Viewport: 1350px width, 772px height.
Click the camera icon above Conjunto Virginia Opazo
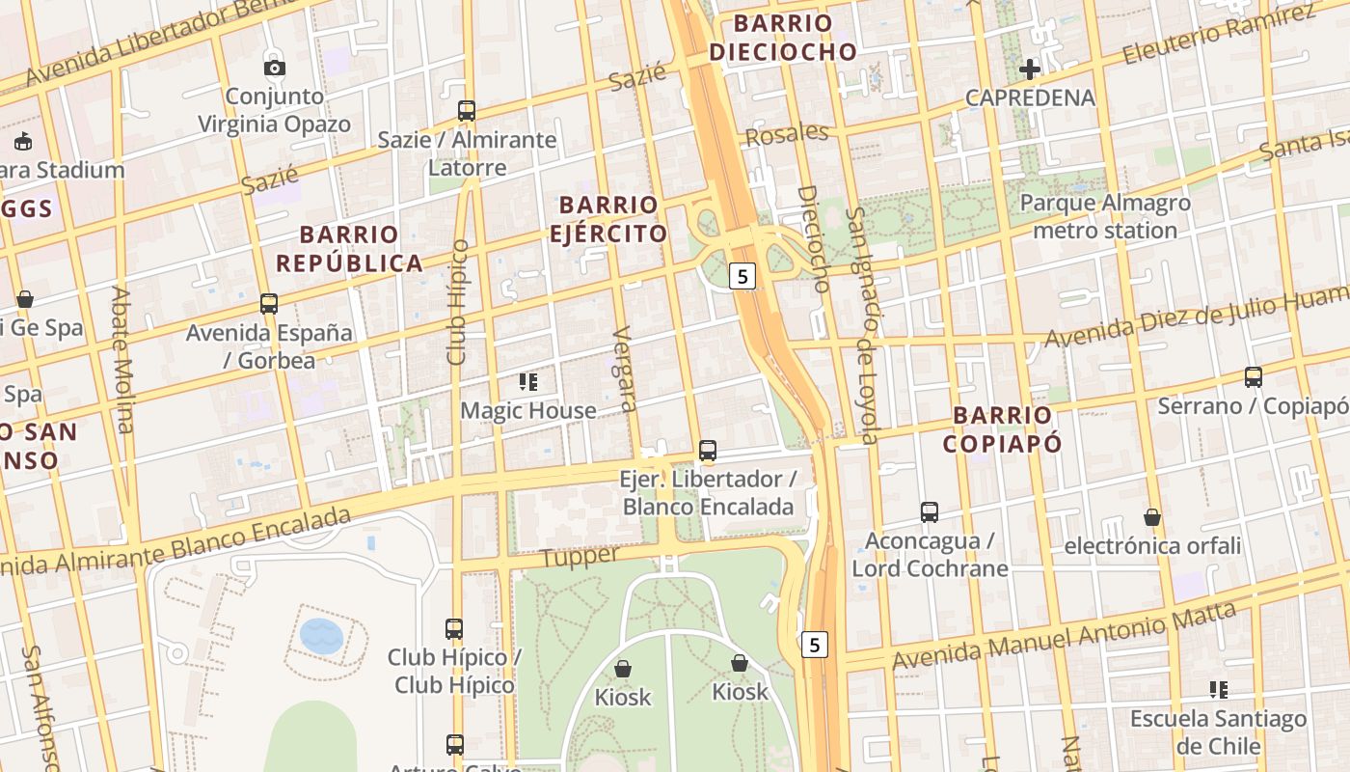pos(275,68)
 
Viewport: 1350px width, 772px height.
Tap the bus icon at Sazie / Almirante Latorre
pos(467,111)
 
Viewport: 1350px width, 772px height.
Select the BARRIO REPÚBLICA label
pos(349,248)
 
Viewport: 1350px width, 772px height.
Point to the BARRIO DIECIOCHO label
pos(783,37)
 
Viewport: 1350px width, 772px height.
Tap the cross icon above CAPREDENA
pos(1030,69)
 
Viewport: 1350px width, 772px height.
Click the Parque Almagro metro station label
pos(1105,216)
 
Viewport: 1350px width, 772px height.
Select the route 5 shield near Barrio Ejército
pos(741,277)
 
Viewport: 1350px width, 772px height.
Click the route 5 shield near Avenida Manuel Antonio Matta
pos(815,644)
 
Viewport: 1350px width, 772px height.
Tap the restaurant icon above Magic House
pos(527,382)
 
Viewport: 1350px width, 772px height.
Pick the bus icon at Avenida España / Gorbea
pos(269,304)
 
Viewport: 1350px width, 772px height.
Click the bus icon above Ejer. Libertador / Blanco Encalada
pos(708,450)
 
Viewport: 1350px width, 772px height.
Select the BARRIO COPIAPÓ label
pos(1003,428)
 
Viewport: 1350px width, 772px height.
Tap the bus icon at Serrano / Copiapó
pos(1253,377)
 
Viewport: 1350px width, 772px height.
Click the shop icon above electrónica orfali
pos(1152,517)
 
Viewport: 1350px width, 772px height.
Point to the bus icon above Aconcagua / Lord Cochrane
pos(930,511)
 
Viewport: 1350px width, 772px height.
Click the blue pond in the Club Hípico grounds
pos(321,635)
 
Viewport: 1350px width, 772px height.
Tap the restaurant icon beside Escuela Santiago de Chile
pos(1219,689)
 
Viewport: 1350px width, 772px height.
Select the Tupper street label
pos(579,557)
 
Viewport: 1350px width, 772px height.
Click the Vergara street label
pos(625,369)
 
